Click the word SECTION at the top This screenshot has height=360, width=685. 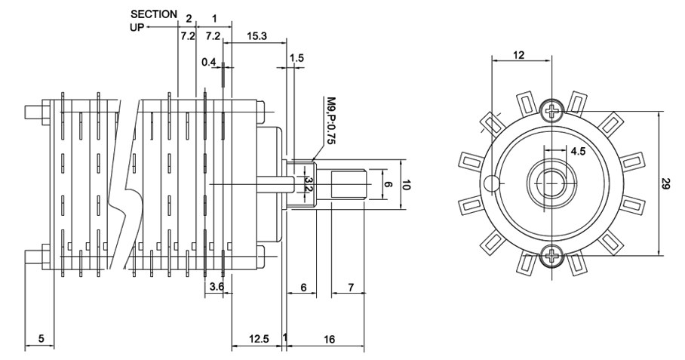[x=154, y=14]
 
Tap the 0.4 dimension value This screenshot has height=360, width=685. [x=208, y=62]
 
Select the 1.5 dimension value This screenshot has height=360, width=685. [x=296, y=58]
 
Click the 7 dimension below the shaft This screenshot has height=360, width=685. [x=351, y=287]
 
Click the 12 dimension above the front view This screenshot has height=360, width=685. [x=520, y=54]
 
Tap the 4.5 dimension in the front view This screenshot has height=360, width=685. [x=579, y=151]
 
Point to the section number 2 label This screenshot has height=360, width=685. [x=188, y=17]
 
